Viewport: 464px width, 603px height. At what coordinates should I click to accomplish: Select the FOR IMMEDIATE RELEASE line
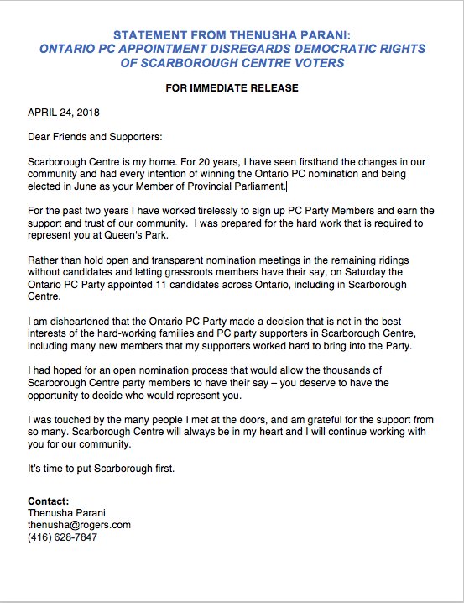click(232, 87)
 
